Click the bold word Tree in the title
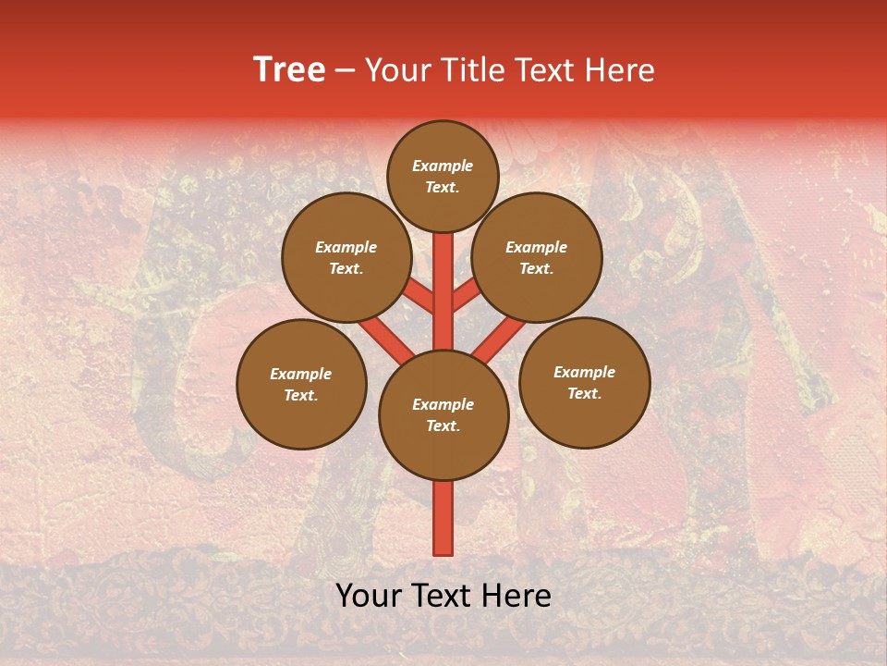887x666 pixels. click(x=289, y=70)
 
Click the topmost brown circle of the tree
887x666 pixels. click(x=443, y=176)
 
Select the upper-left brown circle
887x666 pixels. click(x=346, y=258)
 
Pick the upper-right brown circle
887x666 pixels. click(x=537, y=258)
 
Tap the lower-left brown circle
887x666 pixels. click(x=301, y=384)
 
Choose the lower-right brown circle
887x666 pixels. click(x=584, y=382)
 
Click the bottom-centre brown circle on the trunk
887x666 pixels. click(x=443, y=415)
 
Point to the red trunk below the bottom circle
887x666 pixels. click(x=443, y=518)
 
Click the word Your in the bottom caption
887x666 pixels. click(x=370, y=597)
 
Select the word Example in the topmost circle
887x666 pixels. click(x=443, y=166)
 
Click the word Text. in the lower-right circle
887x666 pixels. click(x=584, y=393)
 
